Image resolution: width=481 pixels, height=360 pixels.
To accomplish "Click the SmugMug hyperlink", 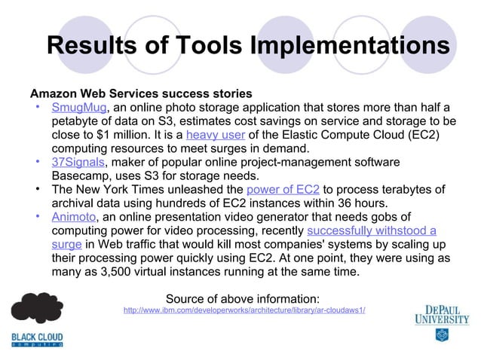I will (80, 108).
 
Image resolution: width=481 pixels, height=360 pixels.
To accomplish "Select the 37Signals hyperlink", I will (79, 163).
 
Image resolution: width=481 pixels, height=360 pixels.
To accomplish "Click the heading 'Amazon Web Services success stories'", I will (140, 94).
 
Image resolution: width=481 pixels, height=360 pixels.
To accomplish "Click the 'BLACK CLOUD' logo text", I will (37, 337).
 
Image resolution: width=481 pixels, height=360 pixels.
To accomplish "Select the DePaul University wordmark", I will (441, 313).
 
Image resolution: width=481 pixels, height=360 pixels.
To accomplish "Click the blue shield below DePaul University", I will (441, 334).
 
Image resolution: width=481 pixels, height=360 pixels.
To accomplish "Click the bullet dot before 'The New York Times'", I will (38, 190).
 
